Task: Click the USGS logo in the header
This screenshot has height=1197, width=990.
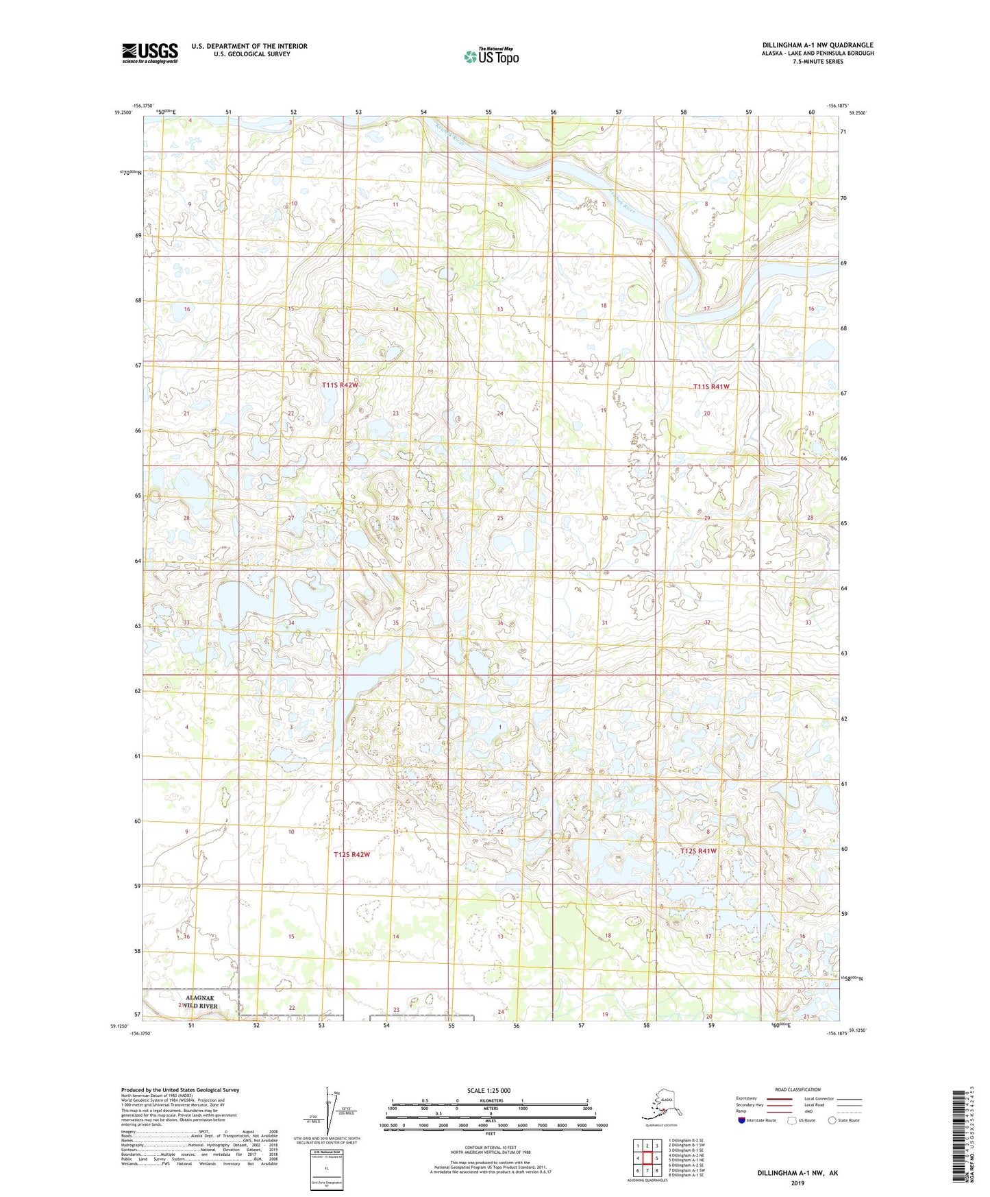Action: pyautogui.click(x=149, y=53)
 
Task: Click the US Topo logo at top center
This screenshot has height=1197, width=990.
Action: pyautogui.click(x=491, y=56)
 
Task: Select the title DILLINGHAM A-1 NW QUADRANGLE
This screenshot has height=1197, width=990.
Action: pyautogui.click(x=817, y=45)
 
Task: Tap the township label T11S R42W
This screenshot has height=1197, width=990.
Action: pyautogui.click(x=340, y=385)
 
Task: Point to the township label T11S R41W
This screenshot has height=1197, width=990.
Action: pyautogui.click(x=711, y=387)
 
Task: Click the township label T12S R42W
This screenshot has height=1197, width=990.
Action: pyautogui.click(x=351, y=854)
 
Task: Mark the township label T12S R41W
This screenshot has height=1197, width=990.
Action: pyautogui.click(x=698, y=851)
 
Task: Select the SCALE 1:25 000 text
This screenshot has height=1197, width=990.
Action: pyautogui.click(x=489, y=1090)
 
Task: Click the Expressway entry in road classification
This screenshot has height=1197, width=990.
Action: pyautogui.click(x=747, y=1098)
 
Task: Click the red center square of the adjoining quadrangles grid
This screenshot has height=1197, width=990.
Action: pyautogui.click(x=647, y=1158)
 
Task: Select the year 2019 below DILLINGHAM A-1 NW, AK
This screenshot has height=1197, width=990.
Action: pyautogui.click(x=797, y=1183)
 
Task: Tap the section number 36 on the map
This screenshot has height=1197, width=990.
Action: pyautogui.click(x=500, y=622)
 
